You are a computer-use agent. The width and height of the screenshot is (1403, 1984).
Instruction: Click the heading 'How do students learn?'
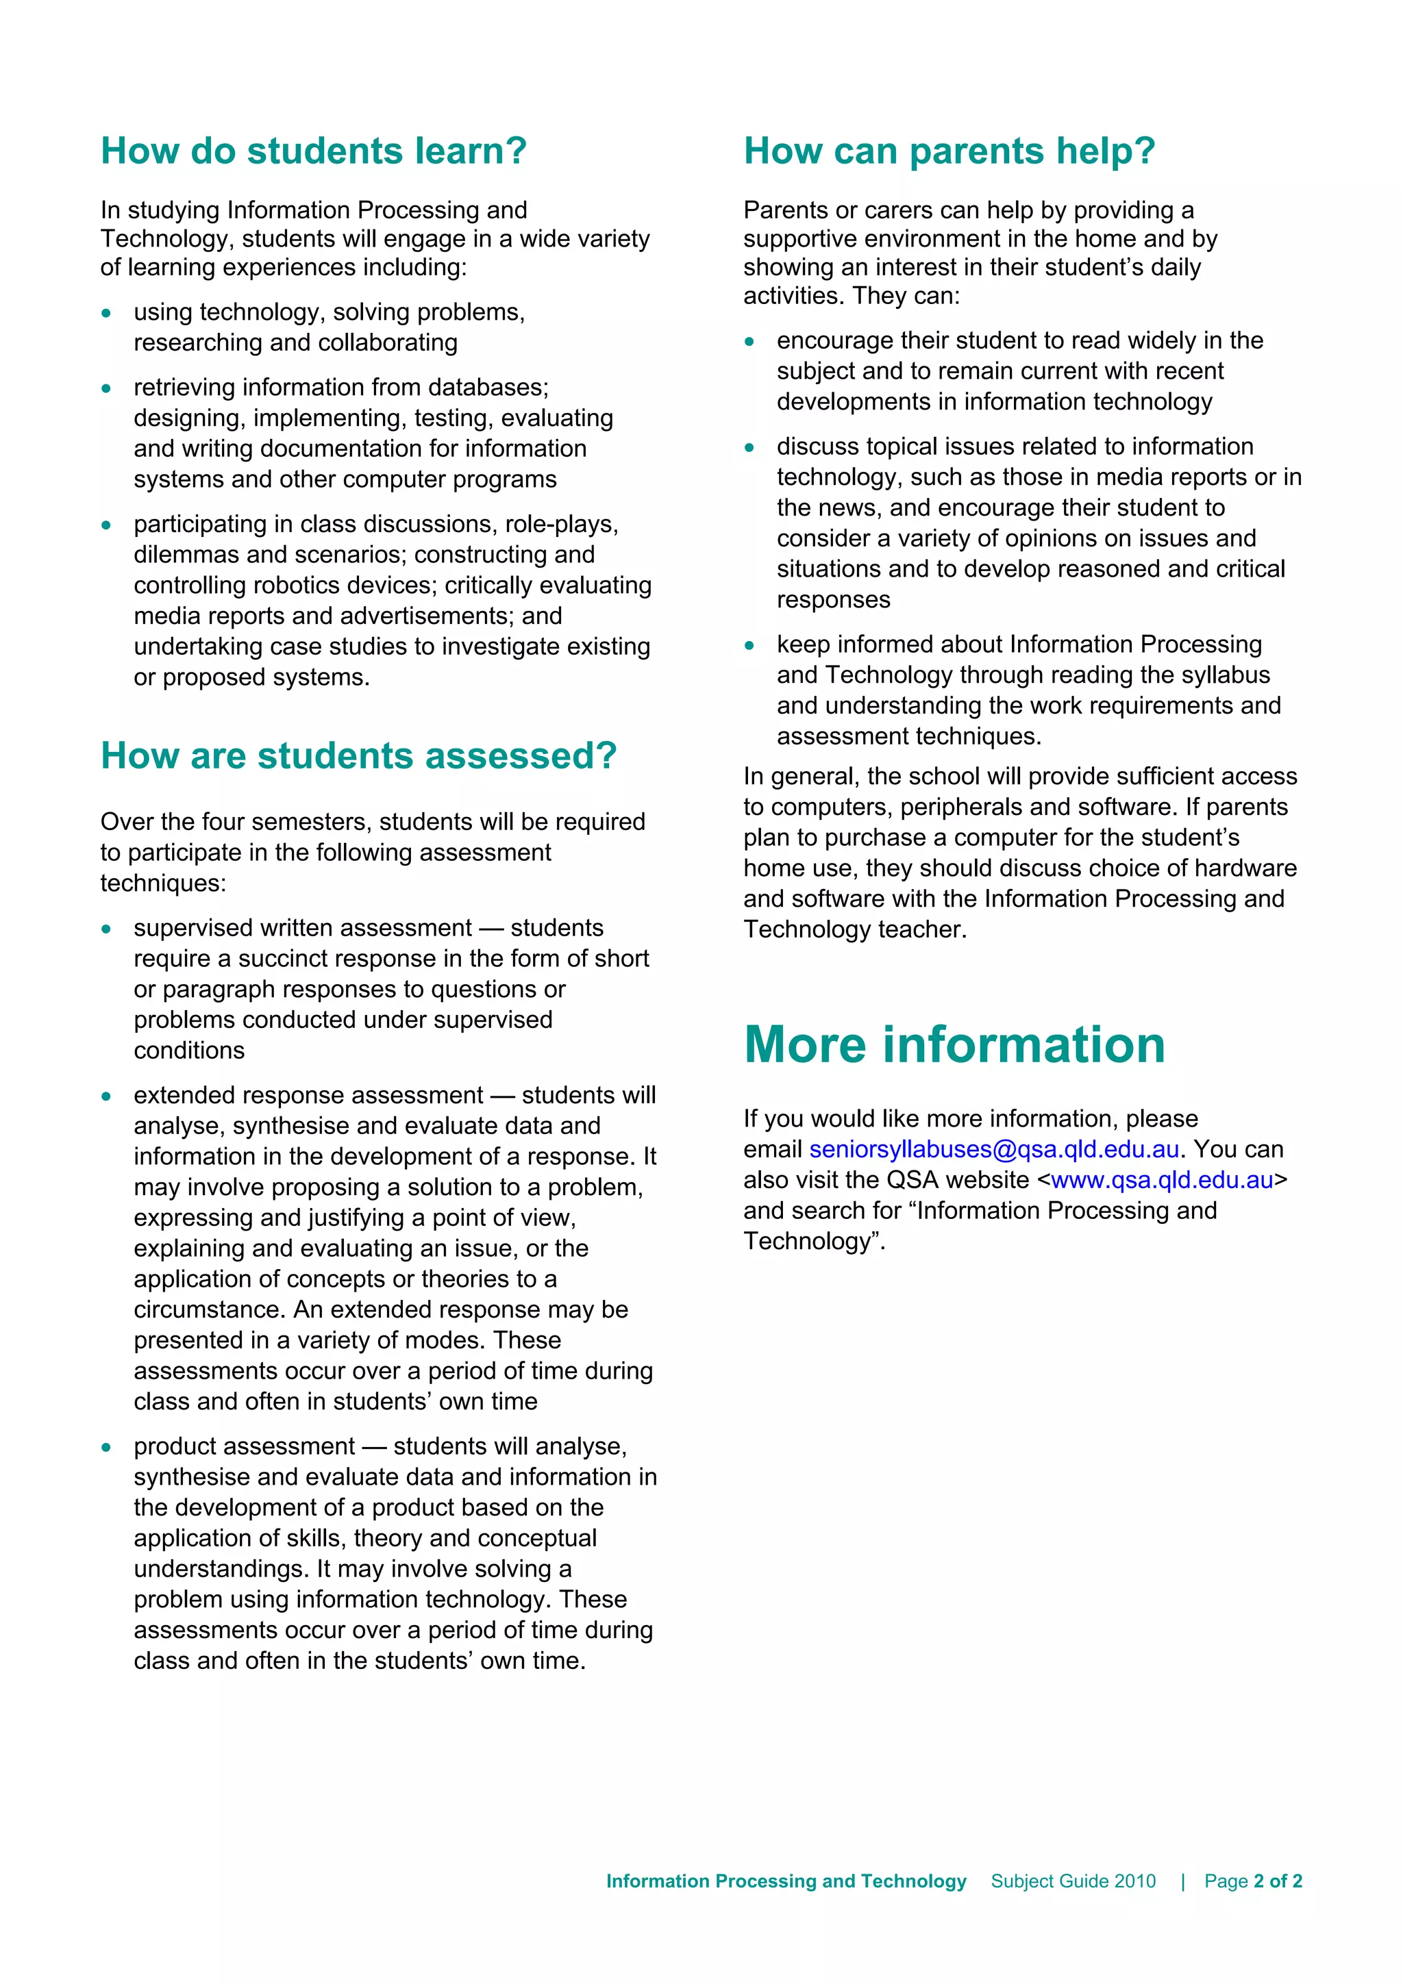[x=313, y=151]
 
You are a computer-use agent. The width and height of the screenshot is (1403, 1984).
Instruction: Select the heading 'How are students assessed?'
[x=359, y=755]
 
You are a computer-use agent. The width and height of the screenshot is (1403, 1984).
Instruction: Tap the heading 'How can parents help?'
[x=949, y=151]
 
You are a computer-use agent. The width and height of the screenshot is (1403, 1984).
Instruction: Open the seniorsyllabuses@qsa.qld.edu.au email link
[x=993, y=1149]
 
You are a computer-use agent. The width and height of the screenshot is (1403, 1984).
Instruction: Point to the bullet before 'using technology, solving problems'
[x=106, y=313]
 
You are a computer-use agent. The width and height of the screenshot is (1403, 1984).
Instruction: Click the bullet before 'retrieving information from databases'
[x=106, y=388]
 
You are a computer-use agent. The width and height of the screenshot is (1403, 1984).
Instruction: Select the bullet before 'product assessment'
[x=106, y=1447]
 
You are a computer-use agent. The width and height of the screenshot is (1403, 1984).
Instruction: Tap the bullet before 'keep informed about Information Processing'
[x=749, y=646]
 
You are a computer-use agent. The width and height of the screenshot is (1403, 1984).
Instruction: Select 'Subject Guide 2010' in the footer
[x=1073, y=1881]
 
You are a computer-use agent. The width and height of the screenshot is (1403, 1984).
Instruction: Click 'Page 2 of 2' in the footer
[x=1252, y=1881]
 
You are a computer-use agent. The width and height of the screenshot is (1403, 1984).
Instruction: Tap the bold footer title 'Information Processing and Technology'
[x=786, y=1881]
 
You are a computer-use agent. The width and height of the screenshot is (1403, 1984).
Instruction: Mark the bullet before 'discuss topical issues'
[x=749, y=448]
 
